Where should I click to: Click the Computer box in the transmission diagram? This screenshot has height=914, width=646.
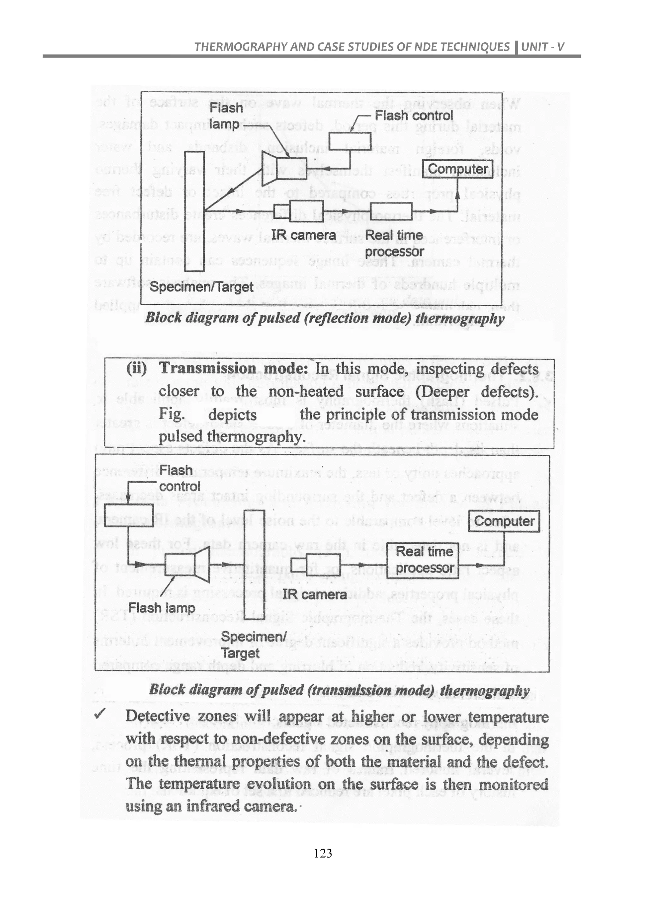[505, 521]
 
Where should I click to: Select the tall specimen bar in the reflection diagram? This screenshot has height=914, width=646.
[195, 211]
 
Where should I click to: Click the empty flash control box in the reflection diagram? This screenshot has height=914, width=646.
[349, 141]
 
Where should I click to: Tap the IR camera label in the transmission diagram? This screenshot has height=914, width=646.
[315, 595]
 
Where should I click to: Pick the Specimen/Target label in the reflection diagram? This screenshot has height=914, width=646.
[201, 287]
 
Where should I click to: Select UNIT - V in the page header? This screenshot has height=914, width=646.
[543, 47]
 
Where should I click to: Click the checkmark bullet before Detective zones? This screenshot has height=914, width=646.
[99, 715]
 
